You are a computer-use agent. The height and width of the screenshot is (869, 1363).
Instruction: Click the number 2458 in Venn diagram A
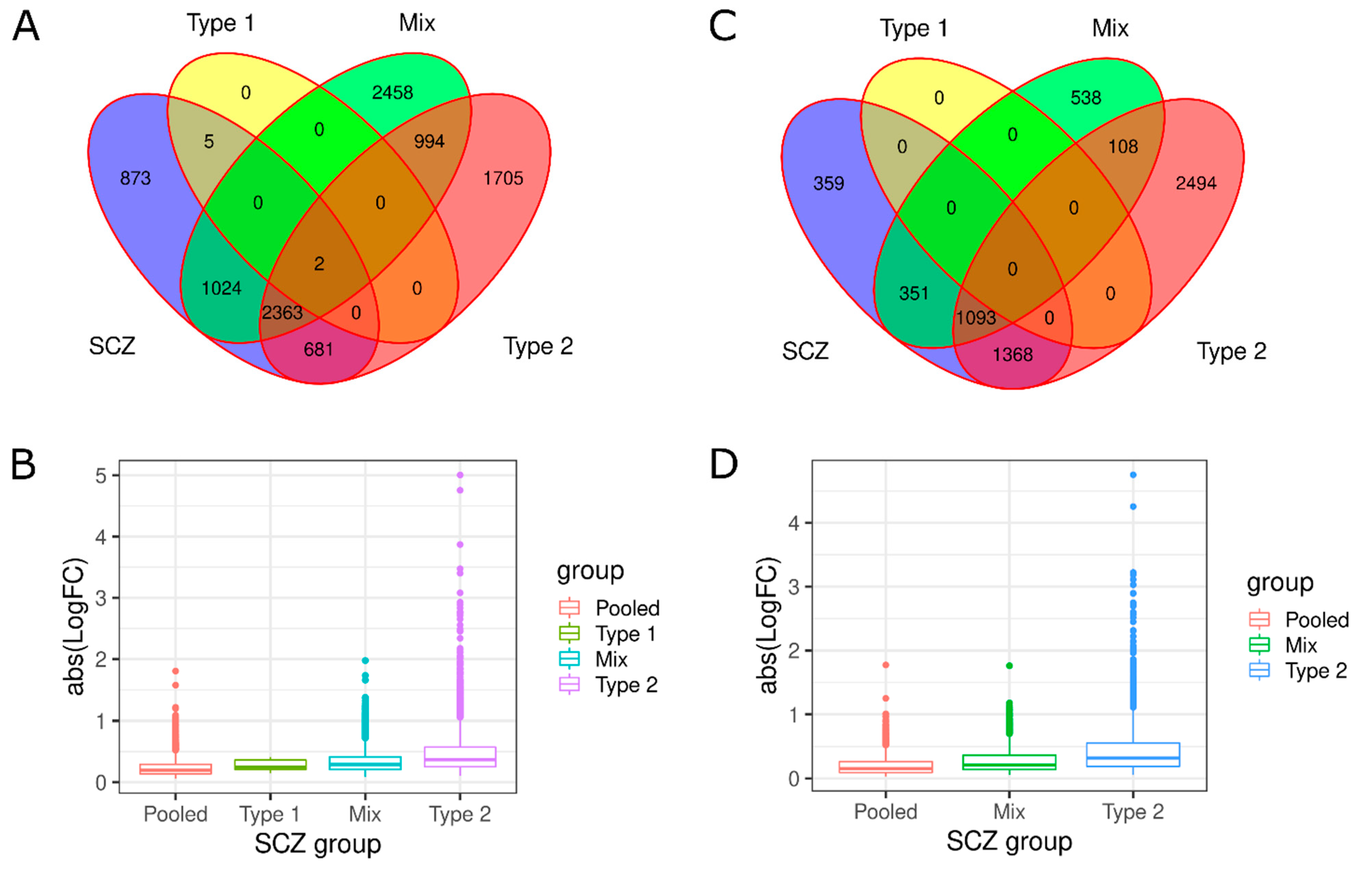(392, 92)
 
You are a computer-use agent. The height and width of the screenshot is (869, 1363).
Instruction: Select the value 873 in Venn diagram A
(135, 178)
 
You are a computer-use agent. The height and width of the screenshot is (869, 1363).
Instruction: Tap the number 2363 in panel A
(282, 312)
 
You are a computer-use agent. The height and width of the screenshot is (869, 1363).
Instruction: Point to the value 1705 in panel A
(502, 178)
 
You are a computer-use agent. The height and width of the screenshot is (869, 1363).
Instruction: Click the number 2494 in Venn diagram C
(1196, 183)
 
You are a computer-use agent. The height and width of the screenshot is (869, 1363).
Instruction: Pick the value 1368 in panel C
(1012, 355)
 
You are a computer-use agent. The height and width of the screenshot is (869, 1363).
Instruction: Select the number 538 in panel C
(1086, 98)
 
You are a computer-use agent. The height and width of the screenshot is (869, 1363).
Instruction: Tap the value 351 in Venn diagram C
(914, 293)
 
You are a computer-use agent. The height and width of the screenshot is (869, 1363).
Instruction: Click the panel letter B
(23, 465)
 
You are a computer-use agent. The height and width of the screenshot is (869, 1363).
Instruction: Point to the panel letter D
(723, 464)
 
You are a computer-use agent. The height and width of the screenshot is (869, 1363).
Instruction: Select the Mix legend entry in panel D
(1301, 645)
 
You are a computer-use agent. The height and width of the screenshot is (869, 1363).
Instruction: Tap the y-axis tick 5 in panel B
(101, 475)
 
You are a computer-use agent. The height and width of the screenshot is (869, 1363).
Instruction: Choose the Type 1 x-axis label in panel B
(269, 814)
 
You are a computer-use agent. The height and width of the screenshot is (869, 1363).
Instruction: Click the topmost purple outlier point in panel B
(460, 475)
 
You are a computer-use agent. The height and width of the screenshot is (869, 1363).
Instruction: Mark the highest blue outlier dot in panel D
(1133, 475)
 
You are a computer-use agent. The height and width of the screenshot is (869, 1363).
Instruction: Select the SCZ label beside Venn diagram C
(805, 351)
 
